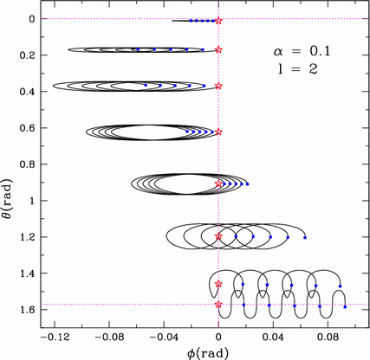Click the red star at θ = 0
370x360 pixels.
218,20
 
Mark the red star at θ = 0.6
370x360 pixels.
218,132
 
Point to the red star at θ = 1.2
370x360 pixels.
218,236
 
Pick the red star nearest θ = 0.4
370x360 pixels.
218,87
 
